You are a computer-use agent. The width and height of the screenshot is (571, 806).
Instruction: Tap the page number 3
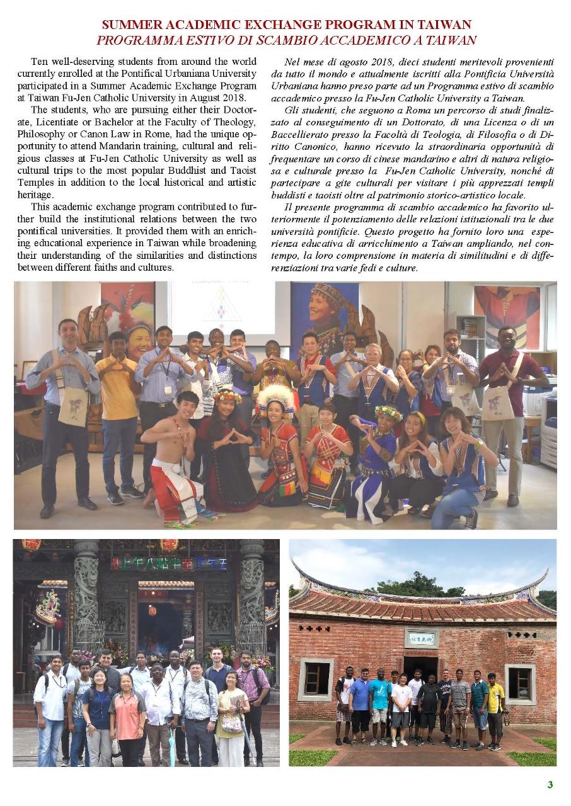[550, 784]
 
